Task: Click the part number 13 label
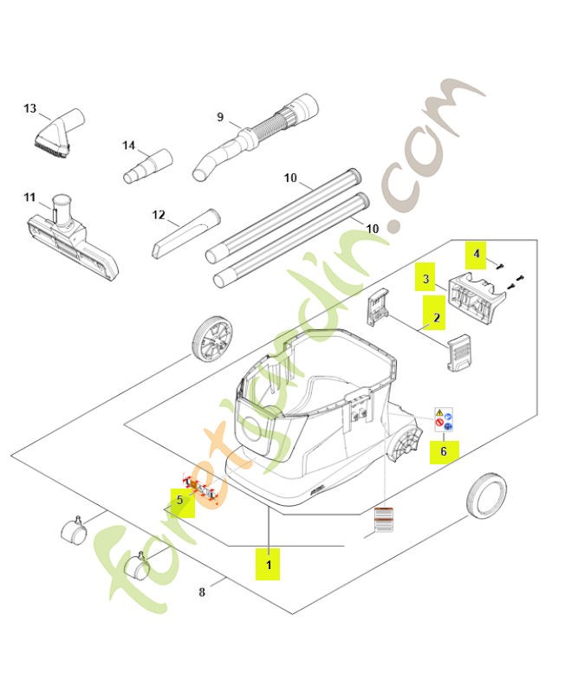(x=30, y=109)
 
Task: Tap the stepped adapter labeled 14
(x=146, y=165)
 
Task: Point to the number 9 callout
(x=220, y=117)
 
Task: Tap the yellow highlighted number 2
(x=437, y=318)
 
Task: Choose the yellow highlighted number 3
(x=425, y=280)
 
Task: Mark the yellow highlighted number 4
(x=476, y=254)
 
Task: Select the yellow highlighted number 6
(x=443, y=450)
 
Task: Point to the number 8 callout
(x=202, y=593)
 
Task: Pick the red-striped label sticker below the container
(x=382, y=520)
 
